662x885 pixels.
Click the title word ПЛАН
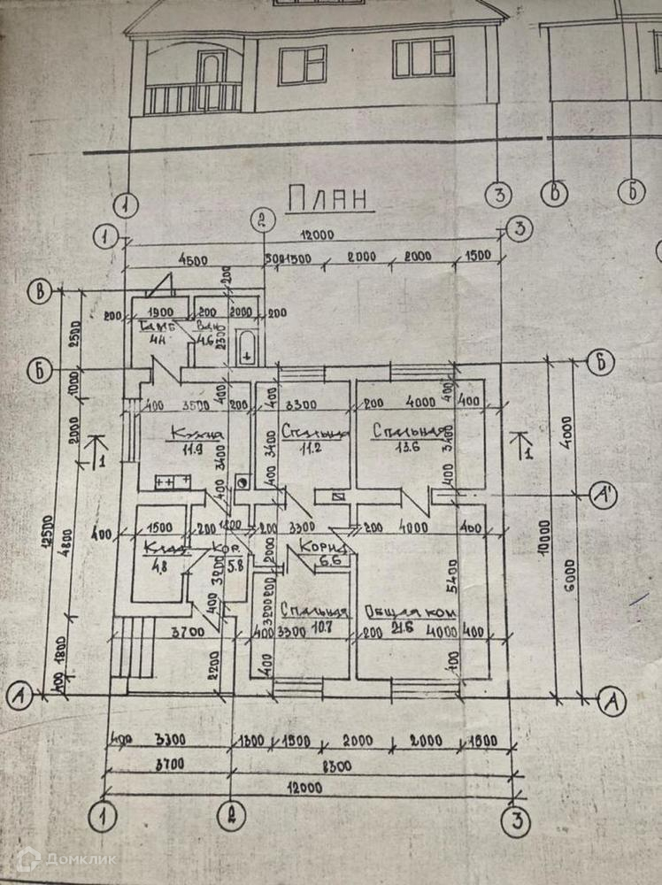click(327, 199)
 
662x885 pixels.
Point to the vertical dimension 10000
click(554, 531)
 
